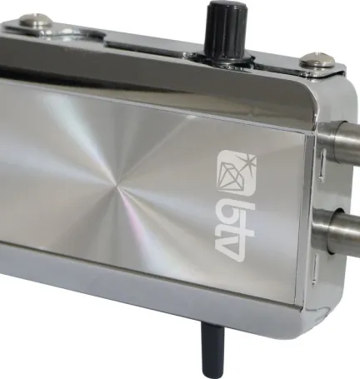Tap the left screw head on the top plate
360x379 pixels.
(x=35, y=22)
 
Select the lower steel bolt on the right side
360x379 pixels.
(x=337, y=231)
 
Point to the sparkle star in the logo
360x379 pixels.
(x=248, y=161)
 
